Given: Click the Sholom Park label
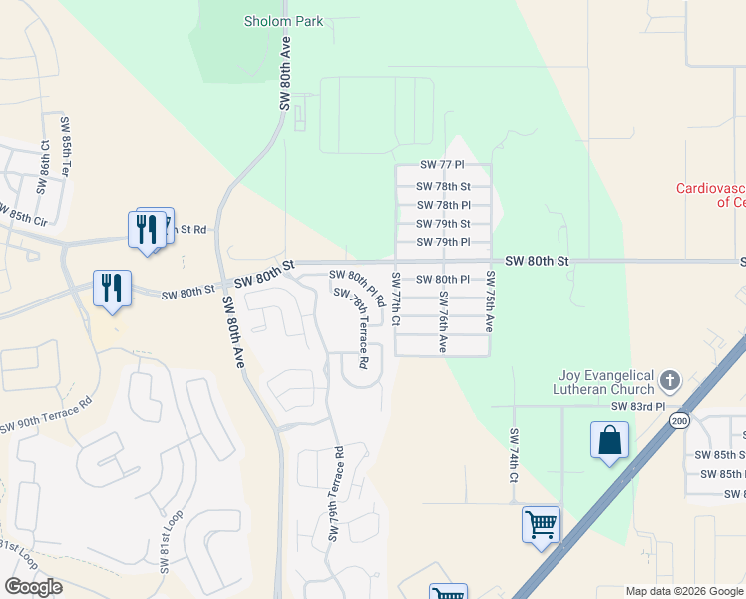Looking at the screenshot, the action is pos(284,21).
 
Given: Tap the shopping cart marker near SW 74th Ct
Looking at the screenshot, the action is pos(540,523).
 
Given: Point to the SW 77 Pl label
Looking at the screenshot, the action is pos(442,165).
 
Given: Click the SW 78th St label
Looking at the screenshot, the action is pos(443,186).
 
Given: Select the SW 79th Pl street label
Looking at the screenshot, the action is pos(443,242).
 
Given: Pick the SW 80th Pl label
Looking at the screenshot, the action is pos(443,280).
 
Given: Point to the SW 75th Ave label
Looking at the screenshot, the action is pos(489,300).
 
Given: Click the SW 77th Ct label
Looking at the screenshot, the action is pos(396,299).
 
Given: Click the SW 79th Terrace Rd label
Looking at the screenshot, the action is pos(336,495).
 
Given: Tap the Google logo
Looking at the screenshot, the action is pos(33,587).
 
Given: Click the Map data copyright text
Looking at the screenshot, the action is pos(683,591).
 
